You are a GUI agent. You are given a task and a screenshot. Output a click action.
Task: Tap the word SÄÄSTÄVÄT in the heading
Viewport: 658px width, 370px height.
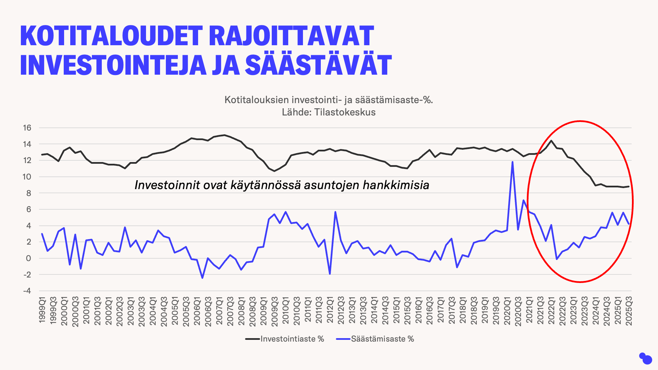319,65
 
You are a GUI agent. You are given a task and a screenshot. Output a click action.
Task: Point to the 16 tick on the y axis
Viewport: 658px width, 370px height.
27,128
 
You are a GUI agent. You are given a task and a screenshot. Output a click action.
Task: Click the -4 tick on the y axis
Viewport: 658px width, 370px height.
27,291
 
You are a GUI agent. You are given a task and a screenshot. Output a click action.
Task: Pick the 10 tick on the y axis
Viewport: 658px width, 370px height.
27,177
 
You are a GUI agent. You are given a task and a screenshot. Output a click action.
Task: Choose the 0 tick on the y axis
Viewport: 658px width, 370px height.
28,258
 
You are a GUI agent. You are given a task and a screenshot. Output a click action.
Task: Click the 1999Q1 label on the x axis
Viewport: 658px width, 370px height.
42,310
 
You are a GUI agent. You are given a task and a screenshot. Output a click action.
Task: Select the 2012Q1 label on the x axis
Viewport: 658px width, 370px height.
330,310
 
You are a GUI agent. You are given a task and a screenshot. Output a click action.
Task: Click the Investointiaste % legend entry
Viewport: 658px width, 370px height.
292,339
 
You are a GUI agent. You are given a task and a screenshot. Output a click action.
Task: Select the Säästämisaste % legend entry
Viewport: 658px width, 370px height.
382,339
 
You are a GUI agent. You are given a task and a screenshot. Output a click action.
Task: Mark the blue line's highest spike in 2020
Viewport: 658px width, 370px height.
512,162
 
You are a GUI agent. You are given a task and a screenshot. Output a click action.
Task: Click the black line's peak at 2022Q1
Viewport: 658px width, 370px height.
551,140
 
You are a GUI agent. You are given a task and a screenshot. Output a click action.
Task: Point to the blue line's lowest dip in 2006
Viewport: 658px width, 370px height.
203,278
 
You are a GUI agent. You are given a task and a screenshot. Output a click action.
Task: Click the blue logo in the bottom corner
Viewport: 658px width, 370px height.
645,358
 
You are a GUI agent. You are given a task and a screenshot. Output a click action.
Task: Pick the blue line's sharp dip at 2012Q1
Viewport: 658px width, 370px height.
330,274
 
